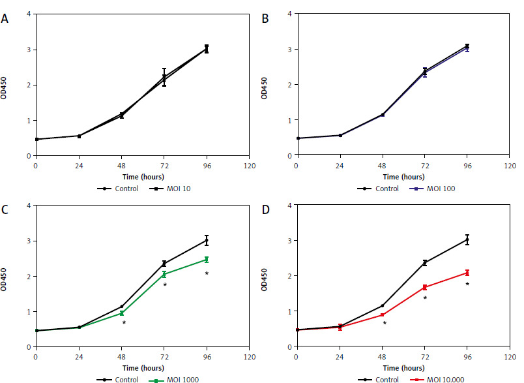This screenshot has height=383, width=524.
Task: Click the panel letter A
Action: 5,19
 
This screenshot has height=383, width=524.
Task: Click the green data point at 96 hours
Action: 207,260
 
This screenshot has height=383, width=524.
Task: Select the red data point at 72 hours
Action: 425,287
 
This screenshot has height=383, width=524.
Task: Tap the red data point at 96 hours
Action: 467,273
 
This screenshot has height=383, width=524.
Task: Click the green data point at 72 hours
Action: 164,274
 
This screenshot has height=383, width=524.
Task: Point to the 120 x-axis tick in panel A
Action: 248,166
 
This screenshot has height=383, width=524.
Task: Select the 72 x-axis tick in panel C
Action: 164,357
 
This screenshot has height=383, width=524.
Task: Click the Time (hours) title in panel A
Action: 142,176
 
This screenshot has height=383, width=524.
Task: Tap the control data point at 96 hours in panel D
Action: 467,239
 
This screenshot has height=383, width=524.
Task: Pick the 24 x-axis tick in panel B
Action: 340,166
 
